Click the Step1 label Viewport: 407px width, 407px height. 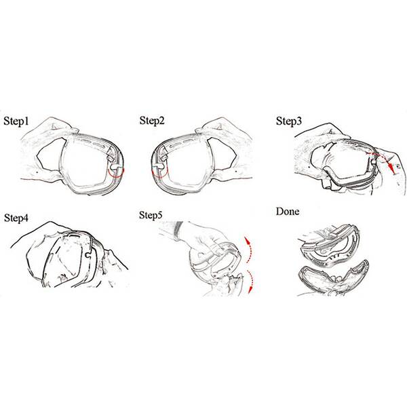[16, 121]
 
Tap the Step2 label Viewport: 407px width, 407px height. [152, 121]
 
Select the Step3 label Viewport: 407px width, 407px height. [289, 121]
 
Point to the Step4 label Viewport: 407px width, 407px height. [16, 218]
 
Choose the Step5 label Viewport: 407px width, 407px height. [151, 215]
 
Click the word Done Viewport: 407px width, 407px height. [288, 211]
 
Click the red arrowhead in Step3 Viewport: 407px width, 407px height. [391, 169]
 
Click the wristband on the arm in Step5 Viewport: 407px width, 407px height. [178, 231]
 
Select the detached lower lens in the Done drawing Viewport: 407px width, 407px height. [334, 277]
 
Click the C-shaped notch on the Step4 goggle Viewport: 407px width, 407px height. [88, 255]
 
